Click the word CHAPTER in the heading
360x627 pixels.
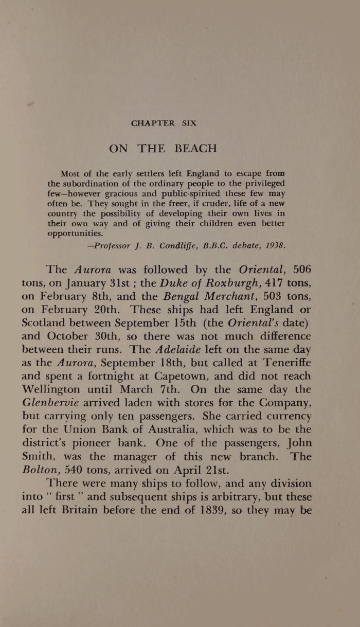[x=153, y=123]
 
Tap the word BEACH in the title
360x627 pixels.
[x=196, y=148]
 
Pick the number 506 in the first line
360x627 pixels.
[x=302, y=269]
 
